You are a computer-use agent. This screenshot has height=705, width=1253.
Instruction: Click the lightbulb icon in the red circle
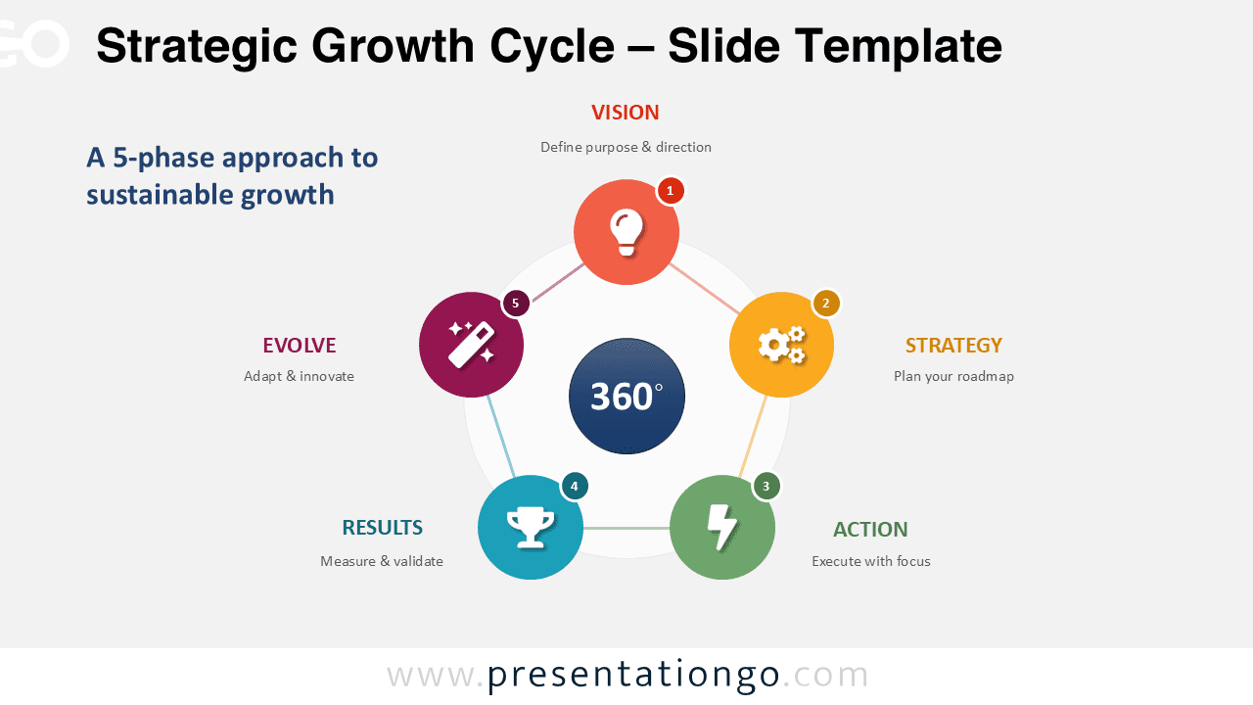pos(626,233)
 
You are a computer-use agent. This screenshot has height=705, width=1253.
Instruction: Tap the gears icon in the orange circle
pos(781,345)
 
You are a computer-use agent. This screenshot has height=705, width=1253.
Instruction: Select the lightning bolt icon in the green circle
pos(722,528)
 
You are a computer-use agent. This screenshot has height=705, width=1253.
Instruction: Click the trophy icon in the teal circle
pos(530,528)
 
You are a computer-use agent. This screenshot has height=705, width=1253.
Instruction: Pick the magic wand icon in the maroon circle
pos(471,345)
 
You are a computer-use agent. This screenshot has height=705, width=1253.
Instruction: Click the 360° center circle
pos(626,396)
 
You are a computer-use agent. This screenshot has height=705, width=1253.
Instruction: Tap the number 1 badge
pos(670,191)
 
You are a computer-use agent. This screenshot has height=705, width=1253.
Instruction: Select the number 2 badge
pos(825,304)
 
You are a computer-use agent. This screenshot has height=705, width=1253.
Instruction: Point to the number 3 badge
pos(766,486)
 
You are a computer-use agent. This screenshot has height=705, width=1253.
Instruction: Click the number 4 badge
pos(574,486)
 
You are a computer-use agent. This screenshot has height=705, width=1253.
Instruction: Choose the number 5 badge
pos(515,304)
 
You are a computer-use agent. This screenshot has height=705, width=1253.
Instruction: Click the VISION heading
pos(626,113)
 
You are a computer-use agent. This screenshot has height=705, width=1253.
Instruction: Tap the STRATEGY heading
pos(953,346)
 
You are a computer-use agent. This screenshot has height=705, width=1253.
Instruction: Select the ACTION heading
pos(870,530)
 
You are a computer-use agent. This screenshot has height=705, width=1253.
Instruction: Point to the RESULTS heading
pos(382,528)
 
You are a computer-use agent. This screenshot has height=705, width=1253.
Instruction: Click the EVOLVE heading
pos(299,346)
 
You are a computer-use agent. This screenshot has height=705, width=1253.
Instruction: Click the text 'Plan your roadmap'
pos(953,377)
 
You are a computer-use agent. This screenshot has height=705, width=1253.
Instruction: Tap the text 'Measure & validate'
pos(382,562)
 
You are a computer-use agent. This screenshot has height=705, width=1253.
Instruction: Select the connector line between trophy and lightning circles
pos(626,529)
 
